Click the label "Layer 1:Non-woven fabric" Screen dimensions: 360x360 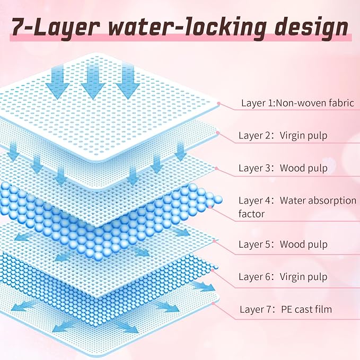click(297, 103)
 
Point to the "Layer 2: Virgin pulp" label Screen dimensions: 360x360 click(283, 136)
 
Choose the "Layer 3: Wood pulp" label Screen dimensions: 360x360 click(283, 168)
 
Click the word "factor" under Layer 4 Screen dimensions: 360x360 click(252, 214)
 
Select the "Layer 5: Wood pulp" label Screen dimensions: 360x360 click(283, 244)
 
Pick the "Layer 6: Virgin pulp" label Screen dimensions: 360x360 click(283, 277)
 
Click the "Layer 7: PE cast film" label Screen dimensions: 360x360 click(286, 309)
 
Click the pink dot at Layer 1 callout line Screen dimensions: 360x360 click(218, 103)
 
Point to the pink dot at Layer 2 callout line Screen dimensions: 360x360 click(218, 133)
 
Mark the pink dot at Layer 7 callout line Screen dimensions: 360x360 click(213, 303)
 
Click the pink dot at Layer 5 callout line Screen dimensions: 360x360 click(214, 241)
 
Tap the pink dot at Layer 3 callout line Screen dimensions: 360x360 click(216, 169)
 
